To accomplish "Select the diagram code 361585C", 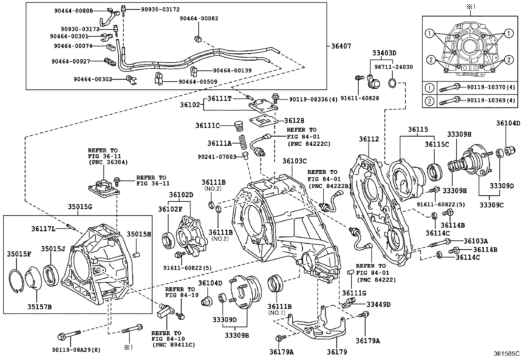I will pos(507,353).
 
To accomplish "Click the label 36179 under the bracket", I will pos(337,352).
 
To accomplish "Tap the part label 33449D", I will pos(378,304).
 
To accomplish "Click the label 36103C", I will pos(295,161).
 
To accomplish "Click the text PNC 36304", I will pos(108,162).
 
